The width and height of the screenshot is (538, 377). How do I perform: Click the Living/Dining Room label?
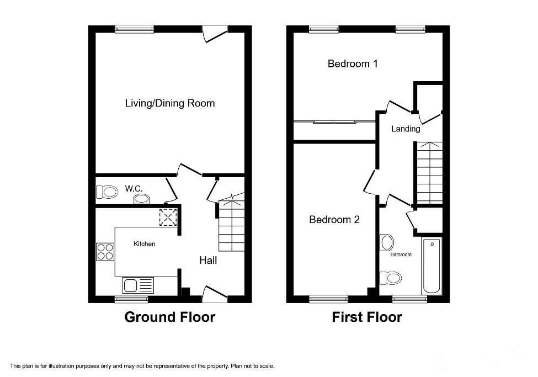(x=170, y=103)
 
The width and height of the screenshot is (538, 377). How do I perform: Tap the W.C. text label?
(x=134, y=189)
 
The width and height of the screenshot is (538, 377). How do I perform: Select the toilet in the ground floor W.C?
(x=108, y=192)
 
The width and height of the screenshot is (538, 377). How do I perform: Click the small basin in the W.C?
(x=142, y=199)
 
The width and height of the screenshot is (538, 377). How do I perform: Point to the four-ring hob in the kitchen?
(x=105, y=252)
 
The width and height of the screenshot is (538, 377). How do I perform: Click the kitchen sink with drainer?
(x=137, y=285)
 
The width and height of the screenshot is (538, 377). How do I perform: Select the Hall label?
(x=208, y=260)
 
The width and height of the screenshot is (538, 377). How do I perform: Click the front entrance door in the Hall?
(x=215, y=294)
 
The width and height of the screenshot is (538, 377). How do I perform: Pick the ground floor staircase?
(x=231, y=226)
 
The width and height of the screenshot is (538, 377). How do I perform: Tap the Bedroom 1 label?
(x=353, y=63)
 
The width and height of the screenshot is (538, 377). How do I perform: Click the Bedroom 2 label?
(x=334, y=220)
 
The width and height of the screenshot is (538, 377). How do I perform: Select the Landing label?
(x=406, y=129)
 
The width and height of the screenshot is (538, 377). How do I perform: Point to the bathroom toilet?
(x=390, y=277)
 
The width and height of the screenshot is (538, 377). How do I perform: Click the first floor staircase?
(x=429, y=173)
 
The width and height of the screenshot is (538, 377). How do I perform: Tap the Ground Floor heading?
(x=169, y=317)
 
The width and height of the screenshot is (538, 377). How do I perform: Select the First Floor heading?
(x=367, y=317)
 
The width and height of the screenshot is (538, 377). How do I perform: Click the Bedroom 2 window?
(x=329, y=299)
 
